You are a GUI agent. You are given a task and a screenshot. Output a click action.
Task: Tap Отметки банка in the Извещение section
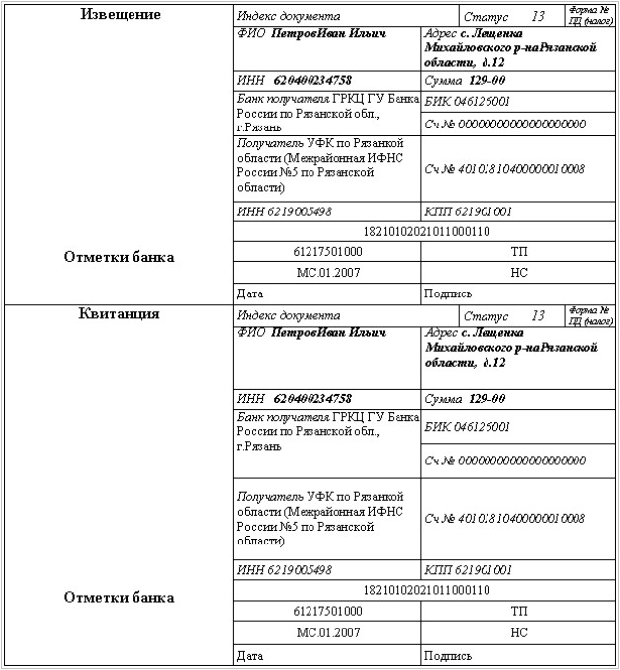[x=119, y=257]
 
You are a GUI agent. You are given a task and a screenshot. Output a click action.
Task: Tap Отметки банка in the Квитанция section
[x=119, y=597]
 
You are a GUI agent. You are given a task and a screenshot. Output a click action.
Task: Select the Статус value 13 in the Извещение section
[x=538, y=17]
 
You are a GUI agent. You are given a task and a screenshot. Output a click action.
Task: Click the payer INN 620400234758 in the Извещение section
[x=312, y=79]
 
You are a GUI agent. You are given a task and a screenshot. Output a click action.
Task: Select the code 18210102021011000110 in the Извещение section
[x=427, y=232]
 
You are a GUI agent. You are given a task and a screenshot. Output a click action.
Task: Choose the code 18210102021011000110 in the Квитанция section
[x=427, y=590]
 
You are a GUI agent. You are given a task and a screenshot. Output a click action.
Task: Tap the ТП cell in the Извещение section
[x=519, y=251]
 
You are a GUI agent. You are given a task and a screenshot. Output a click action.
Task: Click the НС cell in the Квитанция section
[x=519, y=631]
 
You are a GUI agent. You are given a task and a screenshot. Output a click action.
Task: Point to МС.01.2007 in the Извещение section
[x=329, y=271]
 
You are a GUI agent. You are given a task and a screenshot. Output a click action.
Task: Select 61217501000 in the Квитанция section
[x=329, y=611]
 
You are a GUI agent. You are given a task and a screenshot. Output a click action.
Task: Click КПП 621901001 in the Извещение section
[x=468, y=212]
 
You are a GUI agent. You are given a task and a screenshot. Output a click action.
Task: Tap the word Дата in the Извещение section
[x=250, y=293]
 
